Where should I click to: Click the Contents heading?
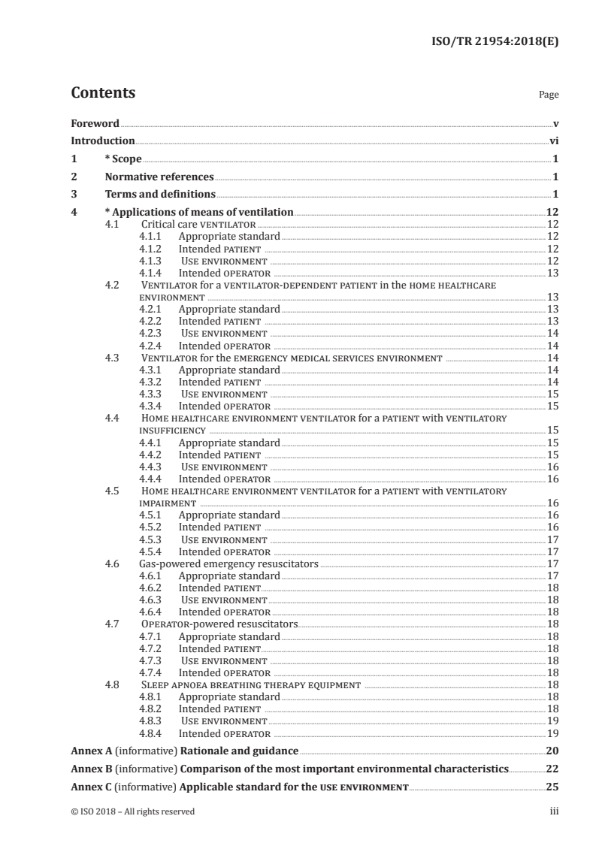(x=103, y=94)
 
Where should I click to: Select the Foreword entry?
(x=95, y=123)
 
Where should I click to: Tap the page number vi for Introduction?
(x=553, y=140)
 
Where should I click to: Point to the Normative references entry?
(x=159, y=177)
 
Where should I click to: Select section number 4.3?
(x=113, y=358)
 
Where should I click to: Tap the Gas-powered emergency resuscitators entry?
(x=229, y=563)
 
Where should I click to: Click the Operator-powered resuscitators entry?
(x=219, y=624)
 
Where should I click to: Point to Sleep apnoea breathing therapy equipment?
(x=251, y=685)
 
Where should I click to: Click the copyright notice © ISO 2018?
(x=132, y=811)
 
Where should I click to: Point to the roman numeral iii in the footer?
(x=554, y=811)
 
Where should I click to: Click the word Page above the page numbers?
(x=549, y=95)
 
